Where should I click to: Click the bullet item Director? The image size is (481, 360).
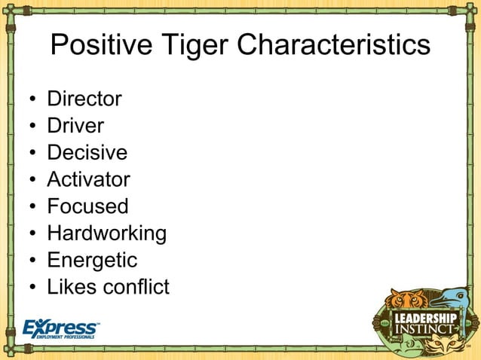(84, 99)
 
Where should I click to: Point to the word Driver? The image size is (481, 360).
(75, 126)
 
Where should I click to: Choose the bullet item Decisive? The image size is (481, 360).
(87, 153)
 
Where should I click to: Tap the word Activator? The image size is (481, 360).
(88, 179)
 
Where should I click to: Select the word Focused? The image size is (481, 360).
(87, 206)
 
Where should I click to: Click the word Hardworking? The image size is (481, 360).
(106, 233)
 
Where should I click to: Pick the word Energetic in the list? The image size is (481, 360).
(92, 261)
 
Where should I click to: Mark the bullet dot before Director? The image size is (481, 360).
(32, 99)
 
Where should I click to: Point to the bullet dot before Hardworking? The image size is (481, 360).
(32, 234)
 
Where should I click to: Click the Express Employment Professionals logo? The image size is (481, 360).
(61, 328)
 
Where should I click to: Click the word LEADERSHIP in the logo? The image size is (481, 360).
(425, 317)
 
